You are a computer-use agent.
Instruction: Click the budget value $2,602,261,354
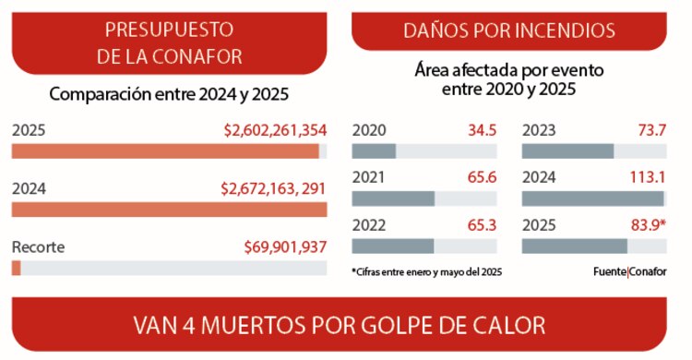coord(275,131)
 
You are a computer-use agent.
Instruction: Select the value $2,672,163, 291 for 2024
coord(274,188)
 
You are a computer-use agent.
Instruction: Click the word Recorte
coord(38,246)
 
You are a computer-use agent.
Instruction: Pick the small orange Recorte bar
coord(17,268)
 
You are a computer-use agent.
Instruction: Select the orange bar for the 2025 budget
coord(165,151)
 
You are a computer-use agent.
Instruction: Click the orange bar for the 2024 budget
coord(169,210)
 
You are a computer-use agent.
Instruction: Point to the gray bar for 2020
coord(374,151)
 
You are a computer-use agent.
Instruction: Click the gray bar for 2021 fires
coord(393,198)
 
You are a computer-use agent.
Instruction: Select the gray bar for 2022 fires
coord(393,246)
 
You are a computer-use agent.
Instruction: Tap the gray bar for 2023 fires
coord(567,151)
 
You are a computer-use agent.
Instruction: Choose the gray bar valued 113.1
coord(592,198)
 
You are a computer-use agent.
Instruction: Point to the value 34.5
coord(480,130)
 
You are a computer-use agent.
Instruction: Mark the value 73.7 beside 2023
coord(650,130)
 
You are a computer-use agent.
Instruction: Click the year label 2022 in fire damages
coord(369,224)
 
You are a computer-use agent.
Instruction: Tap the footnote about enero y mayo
coord(426,272)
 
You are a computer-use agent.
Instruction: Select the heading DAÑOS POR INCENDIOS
coord(509,30)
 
